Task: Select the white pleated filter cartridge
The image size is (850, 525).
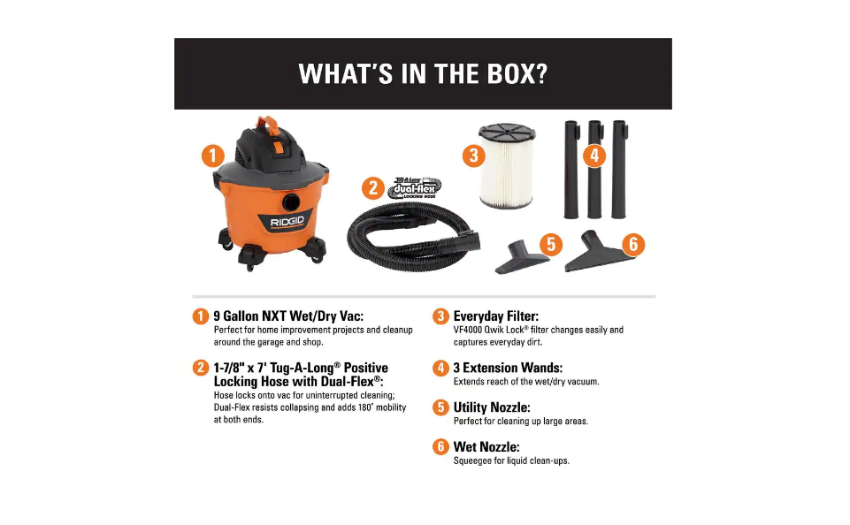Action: pos(507,174)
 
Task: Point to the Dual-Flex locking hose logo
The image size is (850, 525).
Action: pos(415,186)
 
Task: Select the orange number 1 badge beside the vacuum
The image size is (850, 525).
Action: pos(211,156)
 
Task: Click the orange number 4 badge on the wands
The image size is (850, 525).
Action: pos(594,156)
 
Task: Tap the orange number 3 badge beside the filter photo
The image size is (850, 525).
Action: pos(473,156)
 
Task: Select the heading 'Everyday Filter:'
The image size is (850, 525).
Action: pos(495,316)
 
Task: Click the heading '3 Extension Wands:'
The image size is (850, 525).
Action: pos(508,368)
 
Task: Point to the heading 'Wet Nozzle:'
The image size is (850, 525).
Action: pos(486,447)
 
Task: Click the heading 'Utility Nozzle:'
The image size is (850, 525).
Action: pos(492,407)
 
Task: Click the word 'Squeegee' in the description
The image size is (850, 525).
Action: pos(474,460)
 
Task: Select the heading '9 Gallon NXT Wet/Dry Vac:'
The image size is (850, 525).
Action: pos(288,316)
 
